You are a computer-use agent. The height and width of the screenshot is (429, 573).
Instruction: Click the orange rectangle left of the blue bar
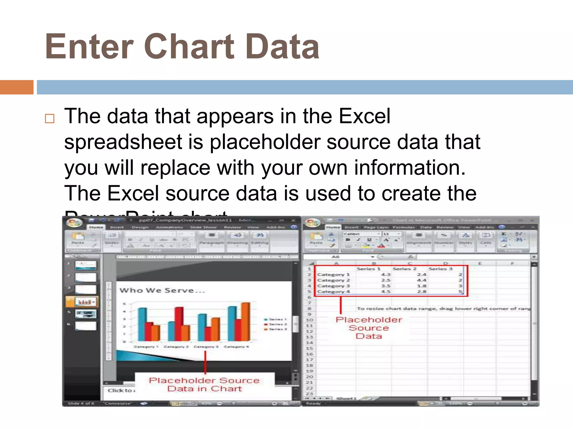coord(17,87)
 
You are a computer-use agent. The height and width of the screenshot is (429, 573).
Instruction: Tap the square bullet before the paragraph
coord(50,119)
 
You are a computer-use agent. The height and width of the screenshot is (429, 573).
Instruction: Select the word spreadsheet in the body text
coord(123,142)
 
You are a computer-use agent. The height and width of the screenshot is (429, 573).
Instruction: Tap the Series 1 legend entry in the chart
coord(276,319)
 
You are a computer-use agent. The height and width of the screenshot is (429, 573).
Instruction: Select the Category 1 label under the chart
coord(146,347)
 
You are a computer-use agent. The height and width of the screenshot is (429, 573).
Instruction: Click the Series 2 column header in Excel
coord(405,269)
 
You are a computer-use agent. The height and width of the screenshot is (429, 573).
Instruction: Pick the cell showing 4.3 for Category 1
coord(386,275)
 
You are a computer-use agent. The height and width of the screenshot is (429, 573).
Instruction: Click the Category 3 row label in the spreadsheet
coord(333,286)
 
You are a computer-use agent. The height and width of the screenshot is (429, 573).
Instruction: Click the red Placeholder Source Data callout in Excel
coord(369,328)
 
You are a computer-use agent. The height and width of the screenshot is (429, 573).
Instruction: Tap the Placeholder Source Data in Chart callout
coord(205,385)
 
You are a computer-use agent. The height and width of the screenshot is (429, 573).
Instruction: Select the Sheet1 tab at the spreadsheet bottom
coord(346,398)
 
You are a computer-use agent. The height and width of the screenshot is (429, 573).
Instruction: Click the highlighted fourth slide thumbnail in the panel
coord(86,302)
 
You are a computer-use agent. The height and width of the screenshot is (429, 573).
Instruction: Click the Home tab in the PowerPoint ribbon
coord(96,227)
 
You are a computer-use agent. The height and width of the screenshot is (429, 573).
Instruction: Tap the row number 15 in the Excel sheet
coord(309,348)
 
